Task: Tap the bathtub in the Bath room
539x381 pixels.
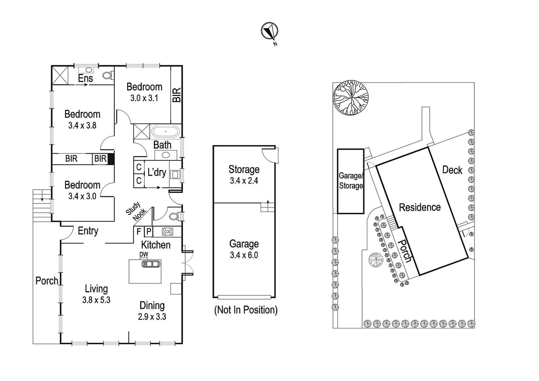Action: (x=165, y=132)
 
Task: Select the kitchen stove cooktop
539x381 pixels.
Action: (x=168, y=232)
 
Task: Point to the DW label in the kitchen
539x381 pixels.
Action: (x=144, y=254)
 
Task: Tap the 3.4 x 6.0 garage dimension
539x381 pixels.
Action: (x=244, y=255)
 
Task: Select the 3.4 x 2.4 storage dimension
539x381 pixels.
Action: (x=244, y=181)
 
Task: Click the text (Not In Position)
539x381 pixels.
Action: (x=246, y=310)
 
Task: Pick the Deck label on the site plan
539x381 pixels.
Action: (x=452, y=170)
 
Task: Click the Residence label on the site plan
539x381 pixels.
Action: (x=419, y=207)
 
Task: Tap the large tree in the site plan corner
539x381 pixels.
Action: (x=351, y=98)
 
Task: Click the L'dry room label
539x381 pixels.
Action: (x=157, y=172)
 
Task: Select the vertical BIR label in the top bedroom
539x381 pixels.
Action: (x=176, y=95)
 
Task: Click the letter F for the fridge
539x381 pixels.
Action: (x=139, y=232)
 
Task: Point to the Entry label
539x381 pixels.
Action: (x=88, y=231)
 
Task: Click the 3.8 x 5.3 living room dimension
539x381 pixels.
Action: (x=96, y=300)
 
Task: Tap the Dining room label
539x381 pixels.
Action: (x=152, y=306)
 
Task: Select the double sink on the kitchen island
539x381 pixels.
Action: (x=151, y=264)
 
